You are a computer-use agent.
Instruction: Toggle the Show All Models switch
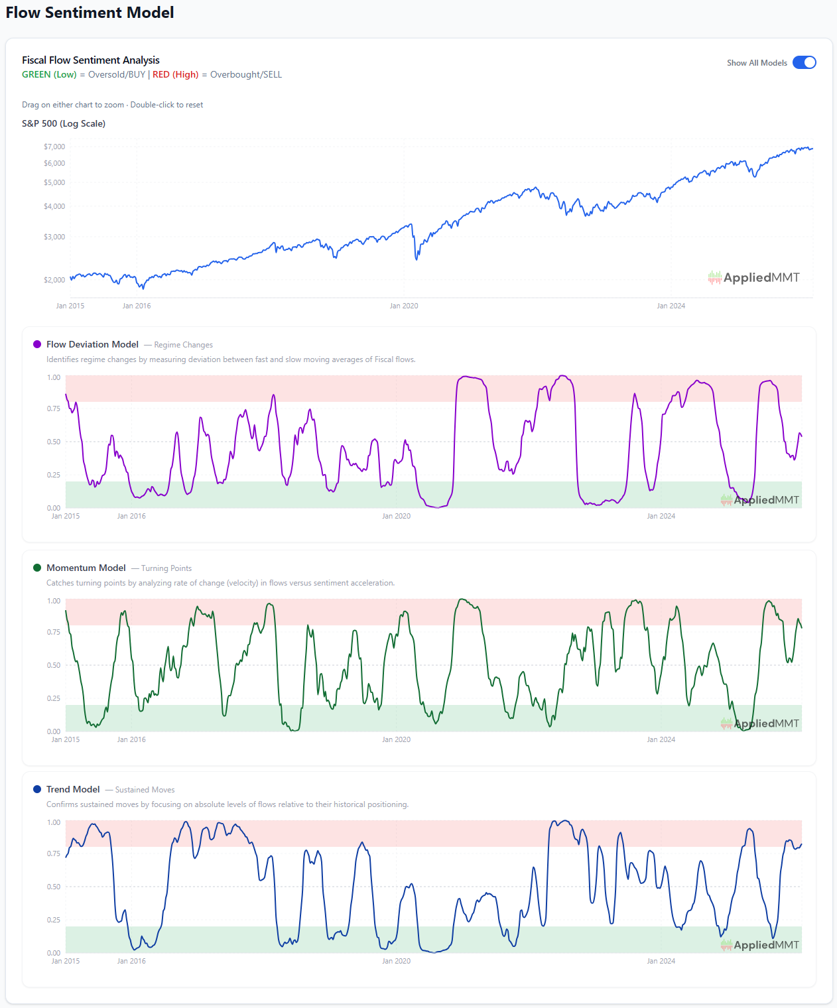tap(804, 62)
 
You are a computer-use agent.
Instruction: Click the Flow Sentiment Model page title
tap(90, 13)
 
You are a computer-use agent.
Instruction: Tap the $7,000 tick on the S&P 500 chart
tap(54, 147)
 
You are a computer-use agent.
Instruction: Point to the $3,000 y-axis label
tap(54, 237)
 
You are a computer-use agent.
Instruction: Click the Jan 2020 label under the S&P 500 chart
tap(403, 306)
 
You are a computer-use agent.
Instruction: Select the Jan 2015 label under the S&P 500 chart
tap(70, 306)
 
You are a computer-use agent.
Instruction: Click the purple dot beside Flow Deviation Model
tap(37, 344)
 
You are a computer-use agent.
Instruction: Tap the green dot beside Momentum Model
tap(37, 568)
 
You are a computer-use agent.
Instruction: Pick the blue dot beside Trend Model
tap(37, 789)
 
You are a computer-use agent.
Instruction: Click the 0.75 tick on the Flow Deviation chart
tap(54, 409)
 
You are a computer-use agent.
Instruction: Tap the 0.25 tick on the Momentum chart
tap(54, 698)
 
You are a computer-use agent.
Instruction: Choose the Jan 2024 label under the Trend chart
tap(661, 961)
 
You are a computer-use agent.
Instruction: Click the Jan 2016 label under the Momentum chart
tap(131, 739)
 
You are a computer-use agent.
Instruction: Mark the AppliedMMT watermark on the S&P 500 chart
tap(754, 278)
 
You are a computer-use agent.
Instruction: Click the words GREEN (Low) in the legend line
tap(49, 74)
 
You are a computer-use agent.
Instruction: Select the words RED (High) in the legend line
tap(175, 74)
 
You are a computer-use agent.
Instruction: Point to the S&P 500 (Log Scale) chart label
tap(64, 123)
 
